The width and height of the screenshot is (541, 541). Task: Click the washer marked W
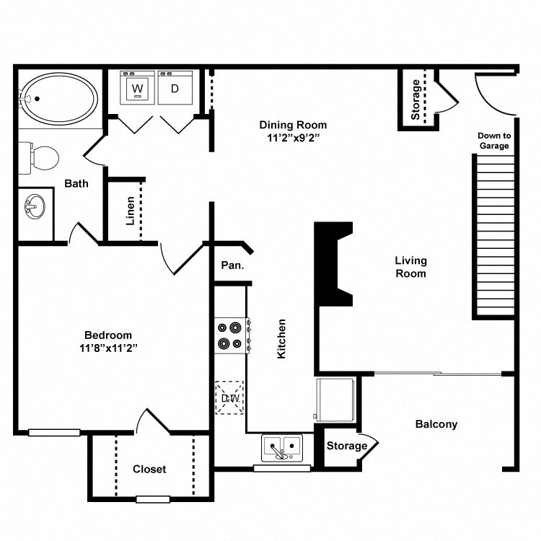pos(137,89)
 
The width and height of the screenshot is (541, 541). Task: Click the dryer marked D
pos(175,89)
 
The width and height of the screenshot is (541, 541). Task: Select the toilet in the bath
pos(42,155)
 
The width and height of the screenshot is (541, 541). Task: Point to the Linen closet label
pos(131,211)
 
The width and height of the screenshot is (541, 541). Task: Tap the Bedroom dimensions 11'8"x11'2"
pos(108,347)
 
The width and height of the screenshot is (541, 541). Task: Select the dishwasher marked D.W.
pos(230,397)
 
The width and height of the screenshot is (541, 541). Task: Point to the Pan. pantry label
pos(232,265)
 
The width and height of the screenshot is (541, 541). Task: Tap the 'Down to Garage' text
pos(494,141)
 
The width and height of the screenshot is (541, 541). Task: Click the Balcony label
pos(436,424)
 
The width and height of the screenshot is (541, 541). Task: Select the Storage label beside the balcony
pos(346,446)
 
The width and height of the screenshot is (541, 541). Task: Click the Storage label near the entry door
pos(415,100)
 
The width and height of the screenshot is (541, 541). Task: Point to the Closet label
pos(149,469)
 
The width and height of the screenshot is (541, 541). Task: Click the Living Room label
pos(410,267)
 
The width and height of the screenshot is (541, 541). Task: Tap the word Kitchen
pos(282,339)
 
